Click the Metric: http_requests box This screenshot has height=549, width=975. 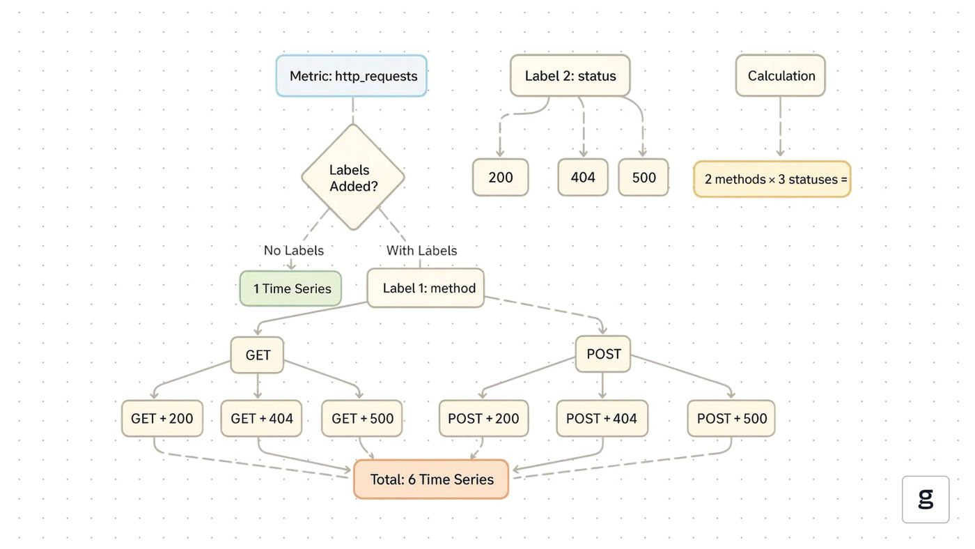point(351,76)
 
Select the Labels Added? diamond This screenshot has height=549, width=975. point(353,177)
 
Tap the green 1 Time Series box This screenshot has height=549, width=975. point(291,288)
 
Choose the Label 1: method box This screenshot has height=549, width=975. point(426,288)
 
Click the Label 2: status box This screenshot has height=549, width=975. point(570,75)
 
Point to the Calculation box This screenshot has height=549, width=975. point(781,75)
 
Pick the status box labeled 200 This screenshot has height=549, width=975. point(501,177)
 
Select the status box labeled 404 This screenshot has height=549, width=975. point(583,177)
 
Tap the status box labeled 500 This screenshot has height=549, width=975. point(643,177)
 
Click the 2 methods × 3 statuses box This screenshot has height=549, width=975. point(772,179)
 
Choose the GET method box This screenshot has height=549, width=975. point(257,355)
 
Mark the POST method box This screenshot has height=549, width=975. point(603,354)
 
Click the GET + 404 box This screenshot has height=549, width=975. point(261,419)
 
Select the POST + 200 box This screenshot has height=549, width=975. point(483,419)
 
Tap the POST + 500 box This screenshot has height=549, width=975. point(731,419)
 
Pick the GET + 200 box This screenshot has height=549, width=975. point(162,419)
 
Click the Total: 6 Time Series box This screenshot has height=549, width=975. point(431,479)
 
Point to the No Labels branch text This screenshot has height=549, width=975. point(294,250)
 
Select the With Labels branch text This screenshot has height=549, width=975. point(422,250)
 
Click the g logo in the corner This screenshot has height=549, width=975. point(926,500)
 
